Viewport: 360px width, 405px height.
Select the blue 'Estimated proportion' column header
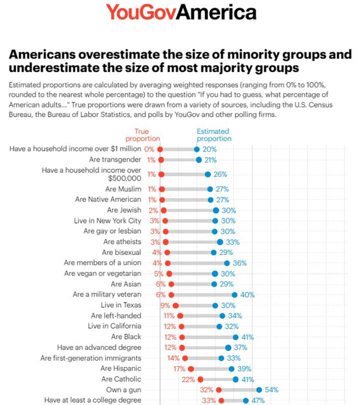[x=214, y=135]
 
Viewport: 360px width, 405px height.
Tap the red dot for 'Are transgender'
[x=161, y=160]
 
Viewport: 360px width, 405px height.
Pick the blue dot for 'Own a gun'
[x=259, y=390]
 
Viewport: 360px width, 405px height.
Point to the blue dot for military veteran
[x=234, y=295]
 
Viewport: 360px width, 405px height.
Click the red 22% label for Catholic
[x=188, y=379]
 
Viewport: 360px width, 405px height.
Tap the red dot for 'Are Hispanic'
[x=191, y=369]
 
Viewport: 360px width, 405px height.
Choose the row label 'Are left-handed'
[x=116, y=316]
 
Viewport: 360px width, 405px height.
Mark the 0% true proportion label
[x=149, y=149]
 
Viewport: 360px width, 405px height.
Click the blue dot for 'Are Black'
[x=236, y=337]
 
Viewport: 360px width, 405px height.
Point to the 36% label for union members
[x=241, y=263]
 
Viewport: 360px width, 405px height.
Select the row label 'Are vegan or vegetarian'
[x=102, y=274]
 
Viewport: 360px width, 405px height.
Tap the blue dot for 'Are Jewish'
[x=216, y=210]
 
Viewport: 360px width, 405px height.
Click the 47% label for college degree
[x=258, y=400]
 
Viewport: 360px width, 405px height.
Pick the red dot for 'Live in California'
[x=181, y=327]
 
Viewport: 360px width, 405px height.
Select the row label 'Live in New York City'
[x=107, y=221]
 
